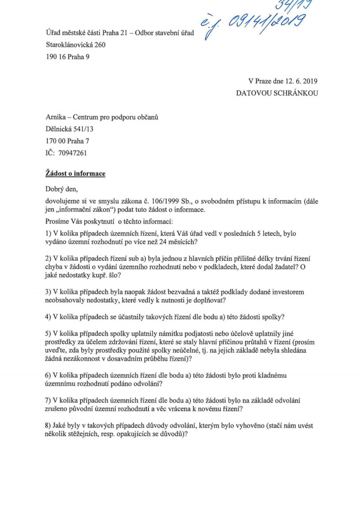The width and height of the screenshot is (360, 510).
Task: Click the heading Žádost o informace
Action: [75, 174]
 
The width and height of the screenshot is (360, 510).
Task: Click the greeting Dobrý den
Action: [64, 189]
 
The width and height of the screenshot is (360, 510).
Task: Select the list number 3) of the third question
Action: [49, 292]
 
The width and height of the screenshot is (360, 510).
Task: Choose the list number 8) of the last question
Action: [49, 425]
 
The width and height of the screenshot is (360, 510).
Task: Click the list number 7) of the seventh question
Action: [49, 399]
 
